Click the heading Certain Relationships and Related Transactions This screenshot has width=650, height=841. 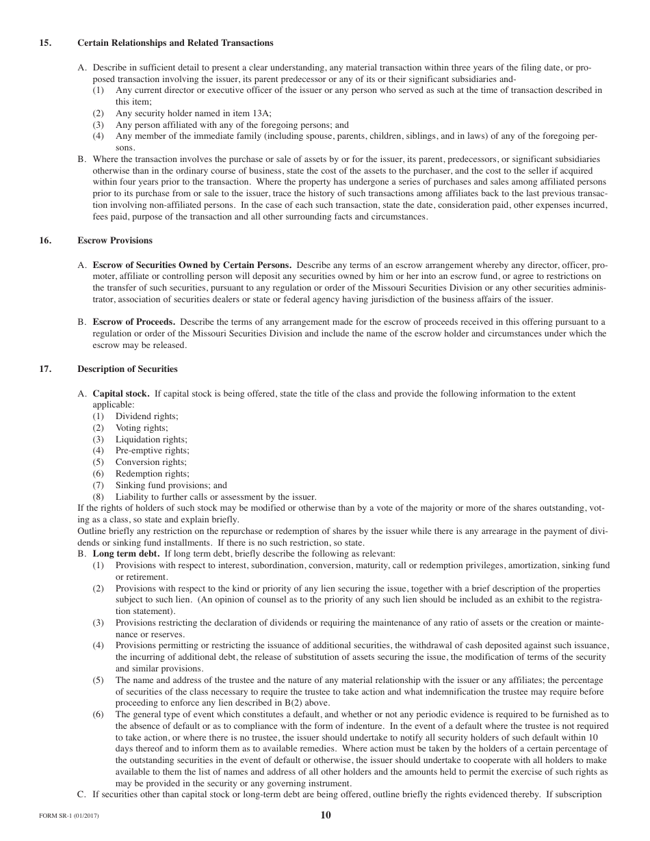pyautogui.click(x=175, y=43)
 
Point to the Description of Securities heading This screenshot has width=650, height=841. pyautogui.click(x=127, y=369)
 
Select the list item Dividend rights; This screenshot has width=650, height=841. pyautogui.click(x=146, y=416)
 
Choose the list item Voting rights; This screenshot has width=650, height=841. pyautogui.click(x=142, y=428)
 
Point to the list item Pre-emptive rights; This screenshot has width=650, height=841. pyautogui.click(x=152, y=451)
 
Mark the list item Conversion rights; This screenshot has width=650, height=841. pyautogui.click(x=151, y=462)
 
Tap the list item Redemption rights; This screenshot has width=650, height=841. pyautogui.click(x=152, y=474)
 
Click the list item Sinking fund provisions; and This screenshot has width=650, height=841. pyautogui.click(x=171, y=485)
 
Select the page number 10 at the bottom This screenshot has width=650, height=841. pyautogui.click(x=325, y=815)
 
